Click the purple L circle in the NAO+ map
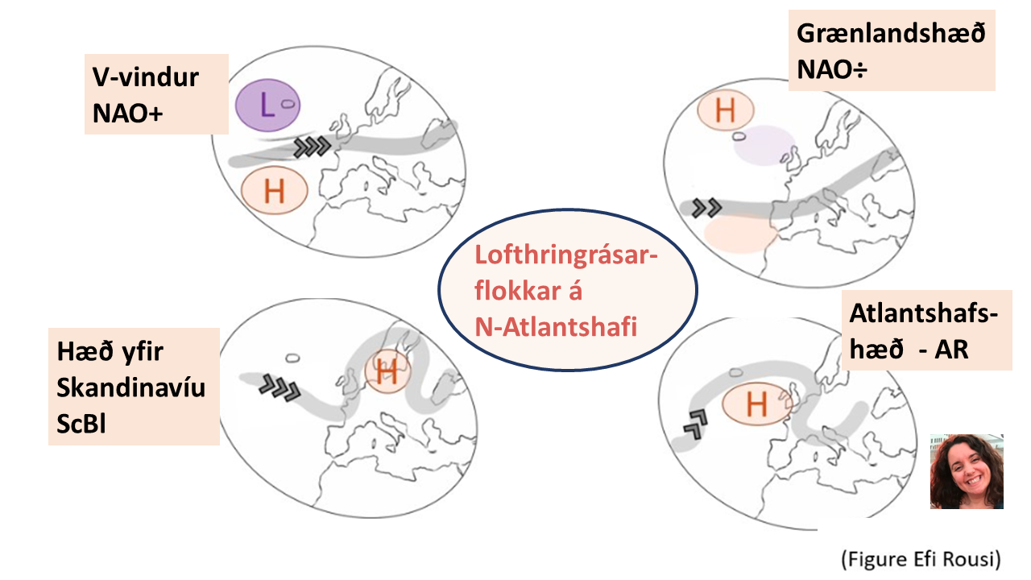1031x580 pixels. (x=267, y=106)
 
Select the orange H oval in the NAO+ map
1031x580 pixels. (x=275, y=190)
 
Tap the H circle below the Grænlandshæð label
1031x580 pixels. (x=726, y=110)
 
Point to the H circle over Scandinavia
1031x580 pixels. (x=387, y=371)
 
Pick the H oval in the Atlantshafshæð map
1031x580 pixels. (x=757, y=404)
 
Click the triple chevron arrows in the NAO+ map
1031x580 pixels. (x=312, y=147)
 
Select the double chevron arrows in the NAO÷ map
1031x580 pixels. (x=706, y=208)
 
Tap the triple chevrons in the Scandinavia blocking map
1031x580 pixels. (x=279, y=387)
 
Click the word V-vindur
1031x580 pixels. (x=146, y=77)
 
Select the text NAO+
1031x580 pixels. (x=127, y=113)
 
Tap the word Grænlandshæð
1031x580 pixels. (x=891, y=34)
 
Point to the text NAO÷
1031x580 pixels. (x=832, y=69)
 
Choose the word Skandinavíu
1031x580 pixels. (x=130, y=387)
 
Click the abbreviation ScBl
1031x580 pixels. (x=81, y=423)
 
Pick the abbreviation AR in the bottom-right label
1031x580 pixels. (x=951, y=350)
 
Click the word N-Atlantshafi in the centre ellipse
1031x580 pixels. (x=556, y=327)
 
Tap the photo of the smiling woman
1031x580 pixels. (x=967, y=471)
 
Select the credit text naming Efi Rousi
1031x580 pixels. (x=921, y=559)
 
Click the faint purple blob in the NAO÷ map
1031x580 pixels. (x=764, y=146)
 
